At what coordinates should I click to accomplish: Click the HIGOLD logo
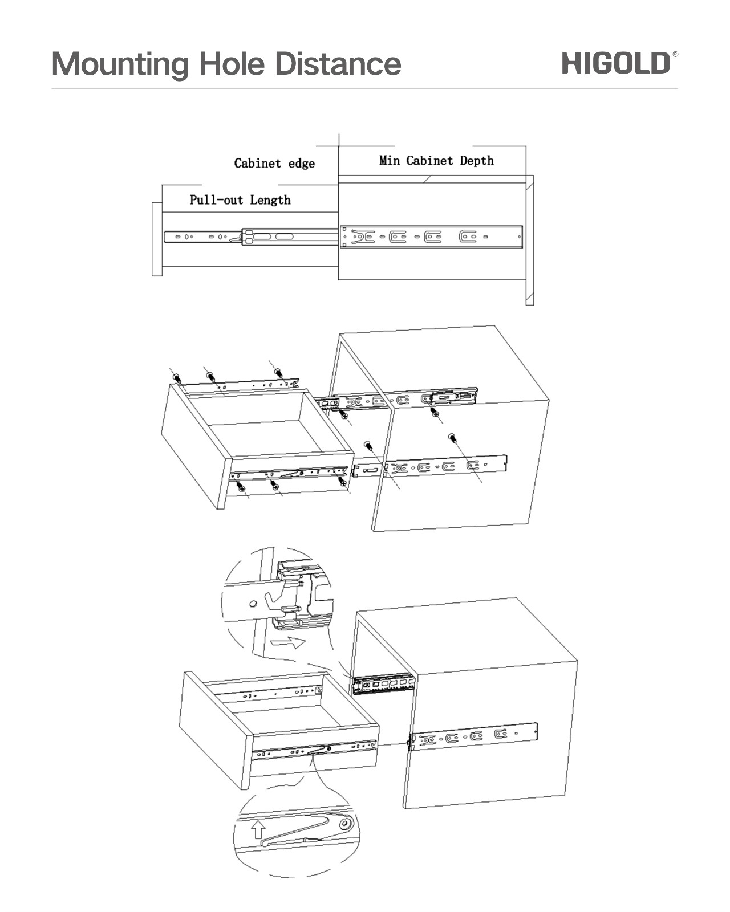[x=616, y=63]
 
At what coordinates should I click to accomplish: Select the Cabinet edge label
[x=274, y=164]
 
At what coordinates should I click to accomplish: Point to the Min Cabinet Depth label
[x=436, y=161]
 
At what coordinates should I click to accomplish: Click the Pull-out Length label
[x=240, y=200]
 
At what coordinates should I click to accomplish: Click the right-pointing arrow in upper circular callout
[x=289, y=644]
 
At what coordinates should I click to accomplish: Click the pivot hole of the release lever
[x=345, y=824]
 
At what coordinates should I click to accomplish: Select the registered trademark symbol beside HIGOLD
[x=675, y=54]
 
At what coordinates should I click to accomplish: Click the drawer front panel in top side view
[x=157, y=239]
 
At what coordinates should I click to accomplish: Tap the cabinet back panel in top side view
[x=529, y=239]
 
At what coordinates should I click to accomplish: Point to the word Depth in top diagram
[x=477, y=161]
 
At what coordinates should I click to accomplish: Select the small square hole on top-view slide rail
[x=485, y=237]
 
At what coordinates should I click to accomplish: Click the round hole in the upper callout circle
[x=252, y=603]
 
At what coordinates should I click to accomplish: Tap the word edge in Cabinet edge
[x=302, y=164]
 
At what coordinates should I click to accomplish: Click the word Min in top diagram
[x=390, y=161]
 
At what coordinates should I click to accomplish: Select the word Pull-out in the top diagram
[x=217, y=200]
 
